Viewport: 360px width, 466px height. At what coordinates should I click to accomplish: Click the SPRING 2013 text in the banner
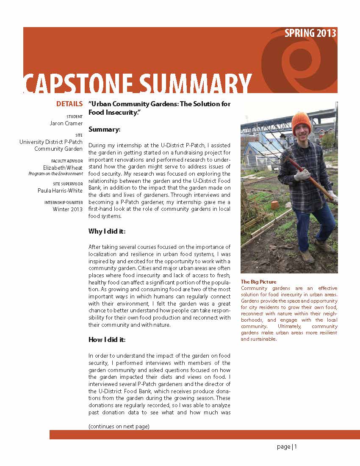(x=310, y=33)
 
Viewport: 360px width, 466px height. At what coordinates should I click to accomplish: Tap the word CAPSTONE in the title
(x=80, y=84)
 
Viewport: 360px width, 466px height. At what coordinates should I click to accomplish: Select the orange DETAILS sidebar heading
(x=69, y=104)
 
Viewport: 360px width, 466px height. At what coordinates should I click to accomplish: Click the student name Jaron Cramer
(x=66, y=124)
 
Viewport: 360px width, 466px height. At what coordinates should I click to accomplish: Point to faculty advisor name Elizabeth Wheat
(x=63, y=168)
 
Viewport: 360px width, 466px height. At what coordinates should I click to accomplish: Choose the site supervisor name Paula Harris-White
(x=60, y=190)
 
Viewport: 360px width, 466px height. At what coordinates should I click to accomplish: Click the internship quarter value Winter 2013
(x=68, y=209)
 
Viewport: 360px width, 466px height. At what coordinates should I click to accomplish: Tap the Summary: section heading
(x=105, y=129)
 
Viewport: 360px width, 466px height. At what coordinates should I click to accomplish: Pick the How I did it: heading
(x=107, y=339)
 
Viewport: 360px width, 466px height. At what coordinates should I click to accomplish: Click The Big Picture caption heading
(x=258, y=282)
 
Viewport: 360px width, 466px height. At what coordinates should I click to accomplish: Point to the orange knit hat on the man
(x=301, y=122)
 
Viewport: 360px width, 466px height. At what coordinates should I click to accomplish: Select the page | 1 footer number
(x=287, y=447)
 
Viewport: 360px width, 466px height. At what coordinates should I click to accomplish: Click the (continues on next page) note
(x=119, y=426)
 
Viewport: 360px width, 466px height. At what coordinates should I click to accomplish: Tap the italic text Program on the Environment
(x=55, y=174)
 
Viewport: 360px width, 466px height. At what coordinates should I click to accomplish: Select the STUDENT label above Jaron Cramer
(x=75, y=117)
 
